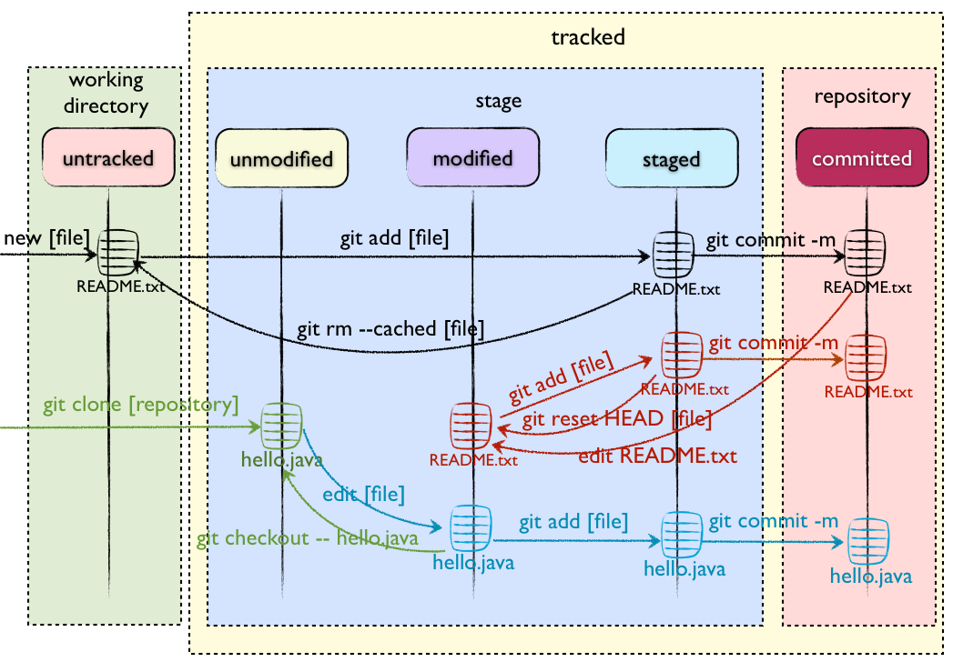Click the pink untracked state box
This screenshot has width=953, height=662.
point(108,158)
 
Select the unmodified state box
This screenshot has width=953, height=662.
point(281,158)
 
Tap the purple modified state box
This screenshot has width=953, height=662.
point(472,158)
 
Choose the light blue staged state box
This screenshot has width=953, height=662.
point(672,159)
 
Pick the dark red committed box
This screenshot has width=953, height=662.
point(861,158)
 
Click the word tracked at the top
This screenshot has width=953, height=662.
point(588,37)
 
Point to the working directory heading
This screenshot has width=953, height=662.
point(107,93)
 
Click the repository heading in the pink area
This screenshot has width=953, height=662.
point(862,96)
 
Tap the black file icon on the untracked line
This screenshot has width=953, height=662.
point(118,252)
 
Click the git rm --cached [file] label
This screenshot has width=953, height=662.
point(391,327)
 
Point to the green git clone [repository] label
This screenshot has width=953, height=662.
point(140,403)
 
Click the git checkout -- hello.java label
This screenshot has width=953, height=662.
point(308,538)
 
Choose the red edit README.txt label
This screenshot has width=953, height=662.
point(657,456)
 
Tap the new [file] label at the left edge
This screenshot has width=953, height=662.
point(46,238)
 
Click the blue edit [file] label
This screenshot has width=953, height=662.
point(363,496)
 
